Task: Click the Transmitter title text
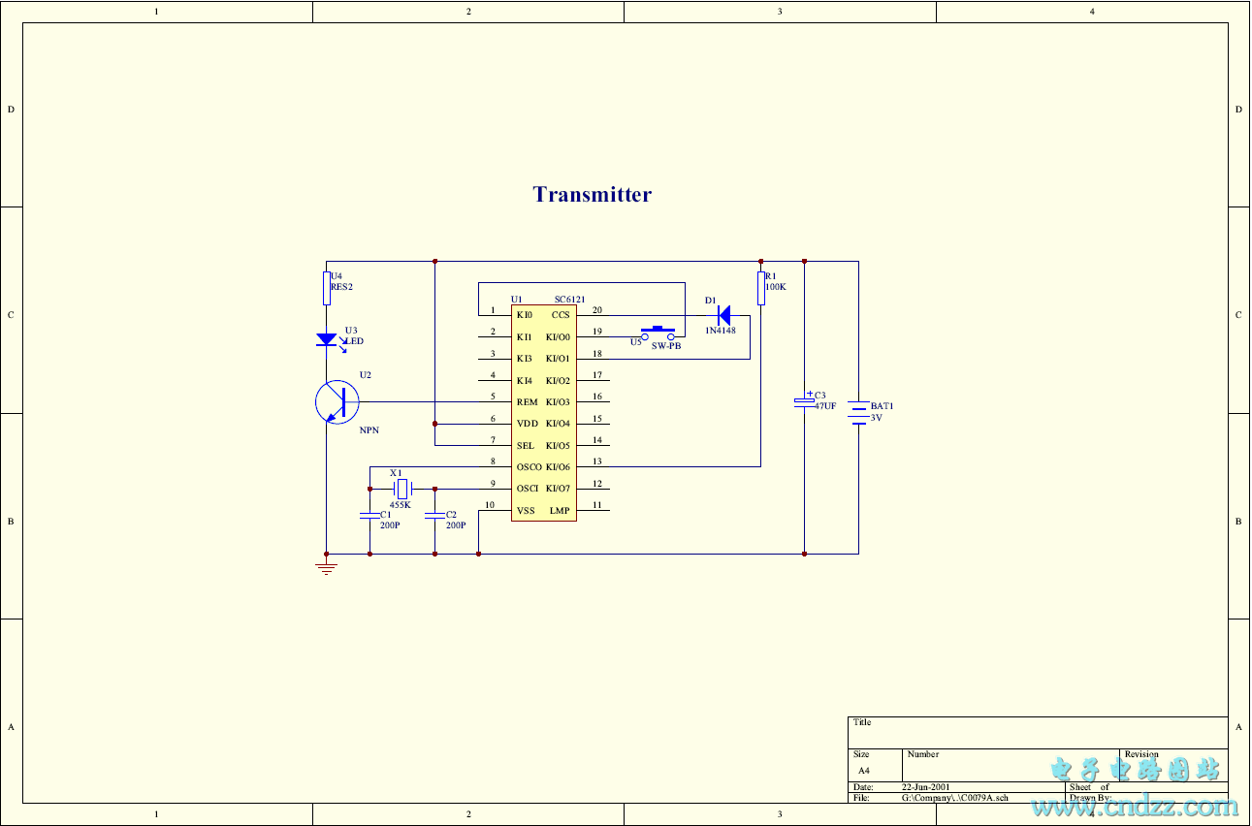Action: point(592,195)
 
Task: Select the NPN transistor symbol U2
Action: point(337,401)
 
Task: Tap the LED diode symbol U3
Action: point(327,339)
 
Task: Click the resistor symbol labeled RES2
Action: point(327,288)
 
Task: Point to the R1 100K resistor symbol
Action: point(761,289)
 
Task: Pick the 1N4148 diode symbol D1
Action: point(722,315)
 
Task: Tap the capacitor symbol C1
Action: point(369,516)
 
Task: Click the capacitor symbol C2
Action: point(434,516)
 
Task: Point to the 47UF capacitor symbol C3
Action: point(804,401)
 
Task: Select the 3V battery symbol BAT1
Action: point(858,413)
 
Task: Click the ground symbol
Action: point(327,567)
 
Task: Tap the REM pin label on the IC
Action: point(527,402)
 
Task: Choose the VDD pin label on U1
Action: point(527,424)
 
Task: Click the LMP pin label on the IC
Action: point(560,511)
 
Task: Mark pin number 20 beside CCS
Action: point(596,311)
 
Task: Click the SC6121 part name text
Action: point(569,300)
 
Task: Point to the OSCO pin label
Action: point(529,467)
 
